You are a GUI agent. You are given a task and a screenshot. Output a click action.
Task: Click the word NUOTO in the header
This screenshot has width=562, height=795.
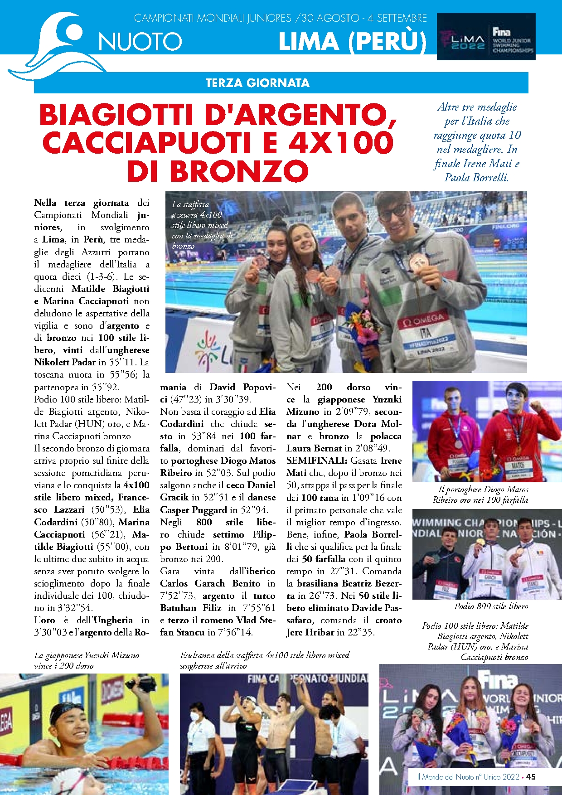[x=140, y=42]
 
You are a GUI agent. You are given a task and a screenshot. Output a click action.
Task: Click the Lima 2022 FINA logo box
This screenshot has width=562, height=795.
[x=486, y=37]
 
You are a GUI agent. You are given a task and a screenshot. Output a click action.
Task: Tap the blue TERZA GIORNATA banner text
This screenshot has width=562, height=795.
[x=257, y=83]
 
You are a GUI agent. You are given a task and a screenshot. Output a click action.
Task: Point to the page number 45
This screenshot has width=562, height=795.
[x=531, y=776]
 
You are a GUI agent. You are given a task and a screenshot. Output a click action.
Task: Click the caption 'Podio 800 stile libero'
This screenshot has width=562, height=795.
[x=491, y=606]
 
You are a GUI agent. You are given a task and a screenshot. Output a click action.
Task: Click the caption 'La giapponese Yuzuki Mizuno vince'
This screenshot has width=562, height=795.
[x=86, y=660]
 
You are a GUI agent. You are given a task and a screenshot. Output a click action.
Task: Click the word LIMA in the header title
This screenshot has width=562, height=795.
[x=309, y=42]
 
